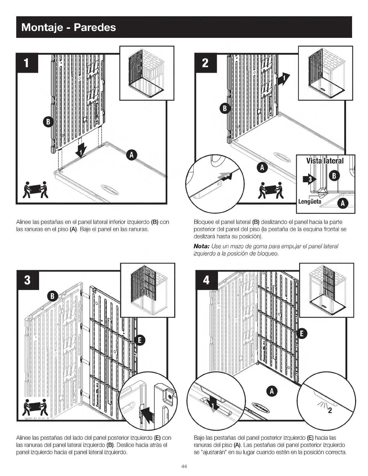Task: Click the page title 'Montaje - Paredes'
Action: tap(69, 27)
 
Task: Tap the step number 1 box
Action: tap(27, 63)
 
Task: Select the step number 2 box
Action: tap(206, 63)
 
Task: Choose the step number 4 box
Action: tap(206, 280)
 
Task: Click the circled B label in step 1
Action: tap(48, 122)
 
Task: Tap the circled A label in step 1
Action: tap(131, 155)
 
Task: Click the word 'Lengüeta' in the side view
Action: tap(309, 201)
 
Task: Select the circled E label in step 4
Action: tap(302, 333)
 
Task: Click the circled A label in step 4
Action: tap(272, 391)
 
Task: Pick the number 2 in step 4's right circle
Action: tap(330, 411)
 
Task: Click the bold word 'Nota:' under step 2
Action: tap(202, 246)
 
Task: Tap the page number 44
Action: tap(184, 466)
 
